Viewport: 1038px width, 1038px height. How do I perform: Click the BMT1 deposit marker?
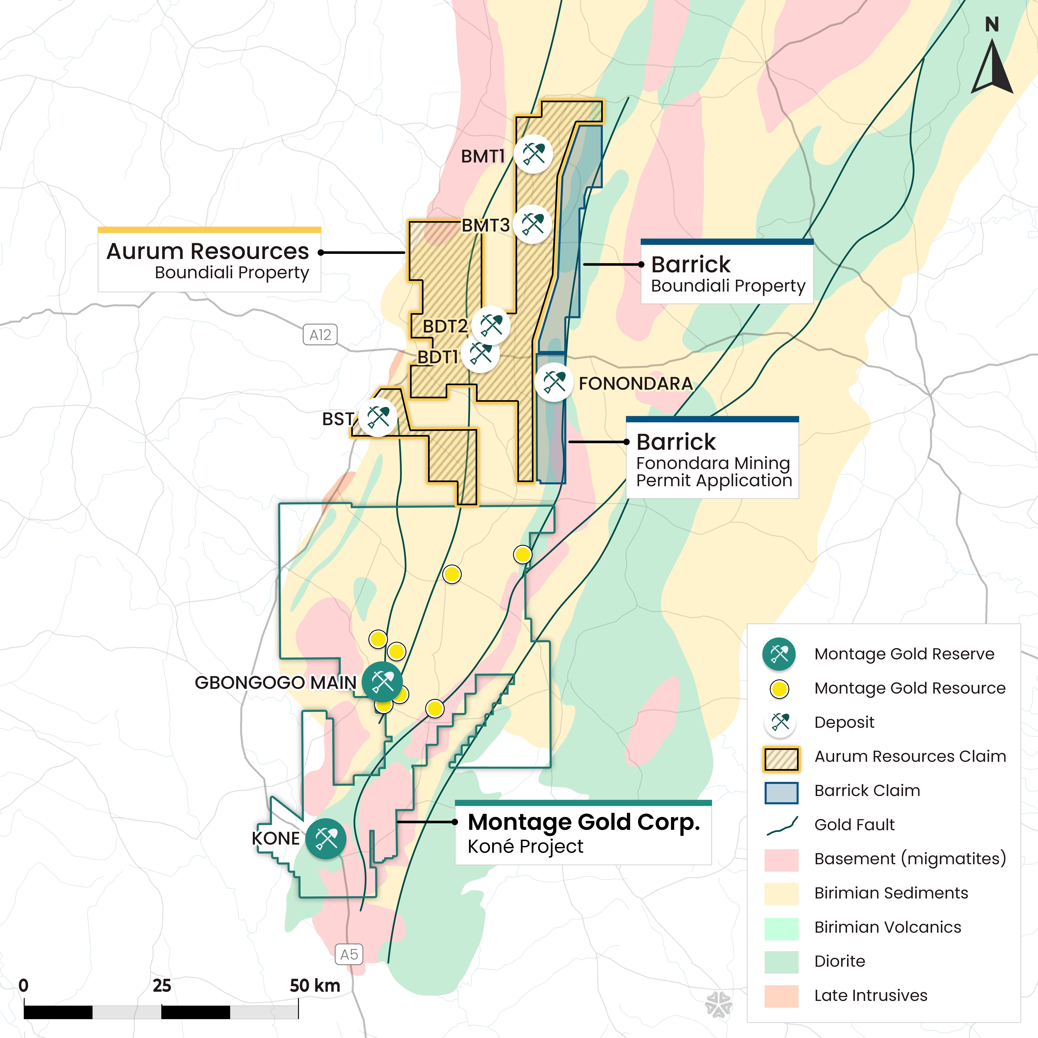coord(533,154)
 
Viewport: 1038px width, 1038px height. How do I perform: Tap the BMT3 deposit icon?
coord(533,224)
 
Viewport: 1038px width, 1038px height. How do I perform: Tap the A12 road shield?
coord(320,335)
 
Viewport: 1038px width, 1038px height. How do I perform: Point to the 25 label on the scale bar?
coord(162,986)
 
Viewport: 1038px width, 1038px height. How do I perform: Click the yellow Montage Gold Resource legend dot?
coord(779,689)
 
